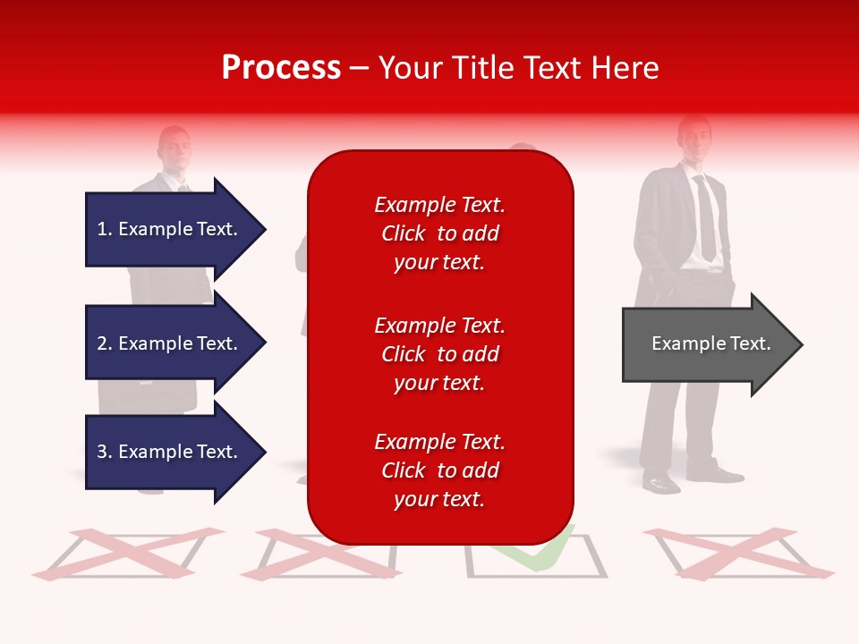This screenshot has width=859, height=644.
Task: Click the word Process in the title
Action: point(281,68)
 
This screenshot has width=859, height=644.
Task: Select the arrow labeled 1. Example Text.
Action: point(170,229)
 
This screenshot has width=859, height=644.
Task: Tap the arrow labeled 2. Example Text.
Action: point(170,343)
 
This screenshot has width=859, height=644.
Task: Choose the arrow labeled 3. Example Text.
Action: point(170,452)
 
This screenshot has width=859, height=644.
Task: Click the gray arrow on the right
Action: point(707,344)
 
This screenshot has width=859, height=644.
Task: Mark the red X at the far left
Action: point(125,552)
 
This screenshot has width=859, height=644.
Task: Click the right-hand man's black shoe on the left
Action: point(661,483)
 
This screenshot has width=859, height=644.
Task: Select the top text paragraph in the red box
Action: point(439,233)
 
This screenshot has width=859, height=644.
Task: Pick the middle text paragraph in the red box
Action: point(439,354)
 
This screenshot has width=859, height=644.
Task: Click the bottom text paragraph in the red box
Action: point(439,470)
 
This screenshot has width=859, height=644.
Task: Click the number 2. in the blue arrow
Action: point(105,343)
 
